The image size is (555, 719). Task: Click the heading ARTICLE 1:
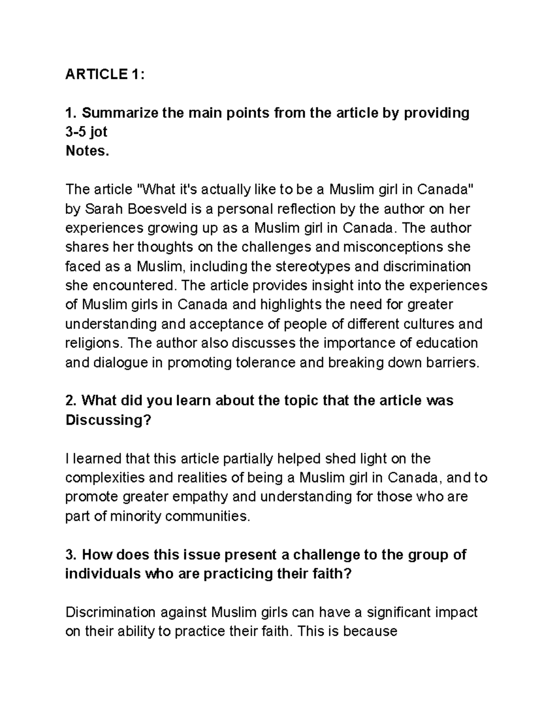click(x=105, y=74)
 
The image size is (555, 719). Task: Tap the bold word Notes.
click(x=87, y=151)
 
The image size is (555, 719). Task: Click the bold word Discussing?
click(x=108, y=420)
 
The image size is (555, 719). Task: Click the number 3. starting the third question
click(x=72, y=555)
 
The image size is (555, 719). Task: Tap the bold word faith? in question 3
click(x=329, y=574)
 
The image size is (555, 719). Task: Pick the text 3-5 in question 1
click(x=76, y=132)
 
